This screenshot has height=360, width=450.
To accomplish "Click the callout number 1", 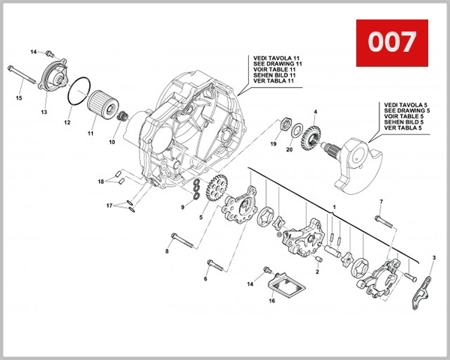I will [x=334, y=205].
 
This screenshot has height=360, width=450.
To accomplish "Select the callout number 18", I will [x=100, y=182].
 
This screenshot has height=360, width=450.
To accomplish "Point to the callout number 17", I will [x=109, y=205].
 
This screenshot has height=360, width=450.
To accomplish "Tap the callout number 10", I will [x=112, y=141].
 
